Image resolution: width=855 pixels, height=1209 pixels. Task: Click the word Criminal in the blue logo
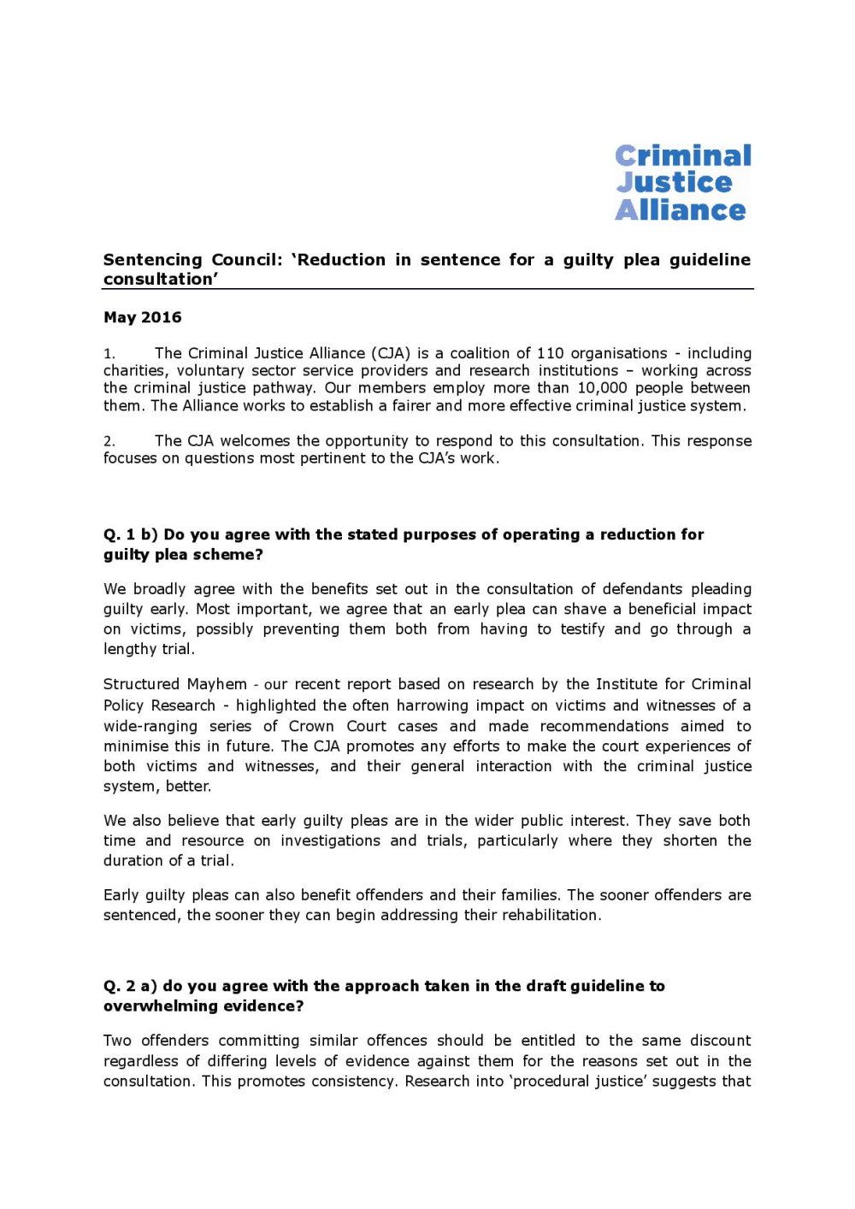click(683, 156)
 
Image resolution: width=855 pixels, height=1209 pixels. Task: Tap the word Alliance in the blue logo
click(681, 210)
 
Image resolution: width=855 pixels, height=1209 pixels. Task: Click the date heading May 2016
click(142, 317)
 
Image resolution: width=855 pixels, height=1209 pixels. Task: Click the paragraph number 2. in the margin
click(109, 441)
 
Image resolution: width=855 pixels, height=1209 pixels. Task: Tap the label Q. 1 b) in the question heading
click(130, 534)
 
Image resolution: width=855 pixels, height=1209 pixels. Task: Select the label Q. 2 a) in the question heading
click(130, 986)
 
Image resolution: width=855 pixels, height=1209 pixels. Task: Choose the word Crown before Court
click(311, 726)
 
